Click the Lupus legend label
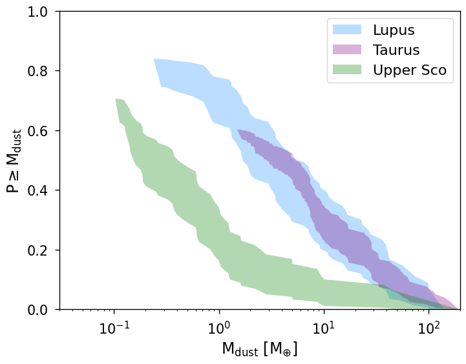[393, 30]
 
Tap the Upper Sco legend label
[409, 70]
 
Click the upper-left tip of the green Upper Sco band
[116, 100]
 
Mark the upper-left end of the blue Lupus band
[155, 60]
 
